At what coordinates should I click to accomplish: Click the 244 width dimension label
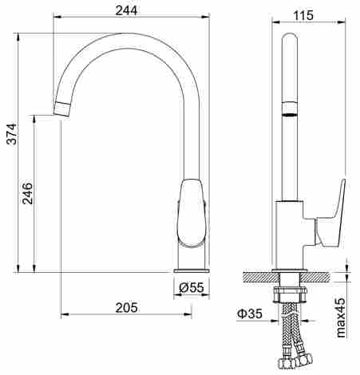point(126,10)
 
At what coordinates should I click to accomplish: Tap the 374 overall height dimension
point(12,134)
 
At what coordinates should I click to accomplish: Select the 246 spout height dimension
point(27,193)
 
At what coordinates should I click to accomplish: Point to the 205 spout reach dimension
point(127,307)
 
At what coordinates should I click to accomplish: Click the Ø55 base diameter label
point(192,287)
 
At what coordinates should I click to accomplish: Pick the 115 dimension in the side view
point(303,16)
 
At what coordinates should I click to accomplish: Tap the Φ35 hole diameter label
point(250,314)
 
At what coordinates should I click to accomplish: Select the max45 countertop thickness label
point(341,318)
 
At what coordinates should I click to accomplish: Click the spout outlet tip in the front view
point(62,109)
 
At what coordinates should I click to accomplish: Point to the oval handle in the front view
point(192,213)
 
